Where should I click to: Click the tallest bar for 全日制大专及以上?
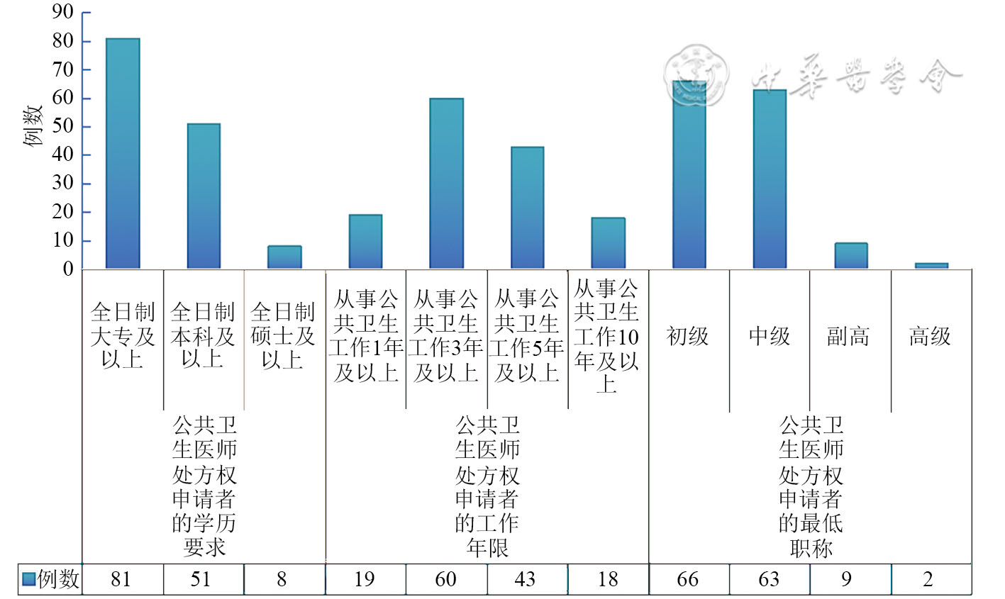[x=123, y=154]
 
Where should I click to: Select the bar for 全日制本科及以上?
[x=204, y=196]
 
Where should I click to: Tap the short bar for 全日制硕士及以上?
[x=284, y=257]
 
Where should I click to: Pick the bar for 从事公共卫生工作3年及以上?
[x=446, y=184]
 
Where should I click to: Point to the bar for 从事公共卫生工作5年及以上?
[x=528, y=208]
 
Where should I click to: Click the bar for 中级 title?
[x=770, y=179]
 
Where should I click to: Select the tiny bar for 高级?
[x=931, y=266]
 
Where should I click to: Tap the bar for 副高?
[x=850, y=256]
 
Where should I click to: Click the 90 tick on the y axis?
[x=63, y=12]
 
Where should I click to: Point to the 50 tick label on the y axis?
[x=63, y=126]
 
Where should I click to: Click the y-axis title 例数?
[x=33, y=125]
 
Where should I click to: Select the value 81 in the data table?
[x=121, y=579]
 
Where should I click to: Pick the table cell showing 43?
[x=525, y=579]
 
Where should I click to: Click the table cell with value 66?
[x=687, y=579]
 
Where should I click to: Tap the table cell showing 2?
[x=928, y=579]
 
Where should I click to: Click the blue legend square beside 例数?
[x=28, y=579]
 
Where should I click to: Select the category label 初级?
[x=688, y=336]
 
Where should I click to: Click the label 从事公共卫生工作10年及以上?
[x=607, y=336]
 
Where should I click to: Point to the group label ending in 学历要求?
[x=204, y=486]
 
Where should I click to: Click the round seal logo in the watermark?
[x=696, y=77]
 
